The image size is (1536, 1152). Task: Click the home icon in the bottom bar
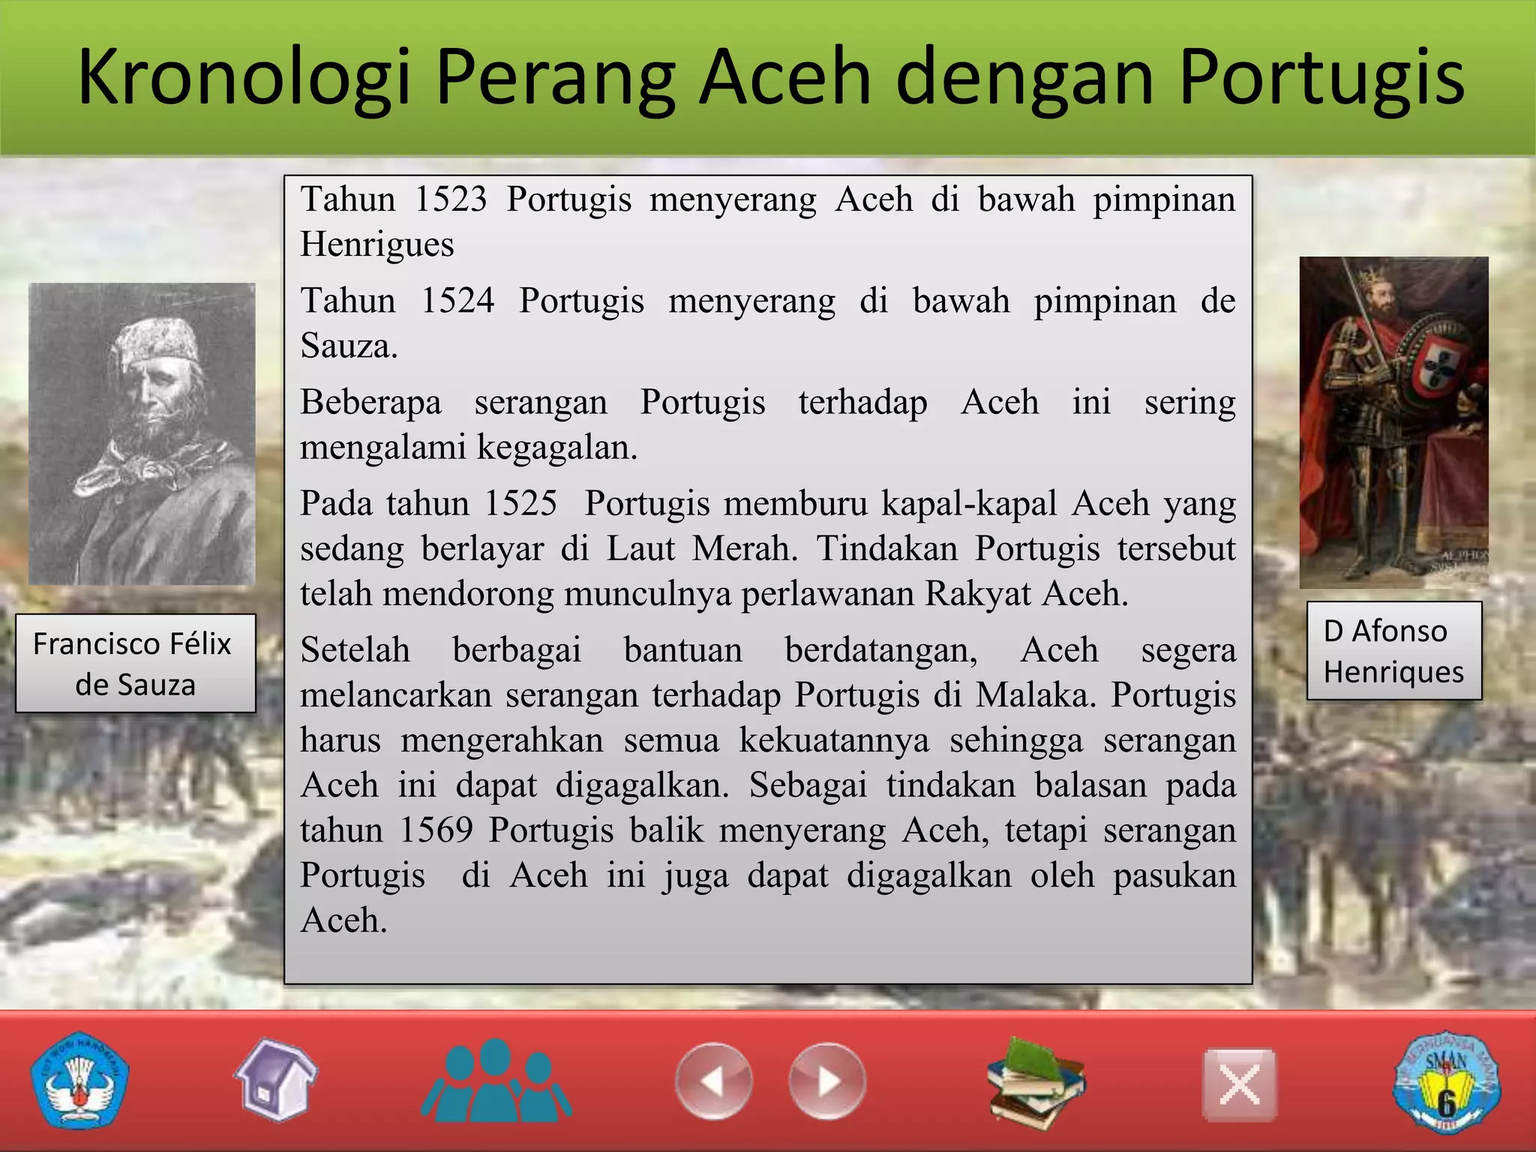point(275,1081)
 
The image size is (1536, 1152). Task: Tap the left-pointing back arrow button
point(713,1081)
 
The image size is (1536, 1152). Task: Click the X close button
point(1239,1084)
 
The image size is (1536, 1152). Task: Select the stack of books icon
point(1036,1082)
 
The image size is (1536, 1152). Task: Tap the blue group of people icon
point(496,1081)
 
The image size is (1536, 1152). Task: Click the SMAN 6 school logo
point(1447,1082)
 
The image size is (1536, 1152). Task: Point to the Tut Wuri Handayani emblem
point(79,1081)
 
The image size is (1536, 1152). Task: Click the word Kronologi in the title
point(244,77)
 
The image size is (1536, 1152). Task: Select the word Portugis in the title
point(1321,77)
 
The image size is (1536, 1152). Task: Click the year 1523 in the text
point(451,200)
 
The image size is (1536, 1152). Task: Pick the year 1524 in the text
point(457,301)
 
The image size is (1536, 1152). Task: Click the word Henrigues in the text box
point(377,245)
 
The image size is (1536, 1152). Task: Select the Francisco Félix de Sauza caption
point(135,664)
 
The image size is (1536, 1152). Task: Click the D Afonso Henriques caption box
point(1393,651)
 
